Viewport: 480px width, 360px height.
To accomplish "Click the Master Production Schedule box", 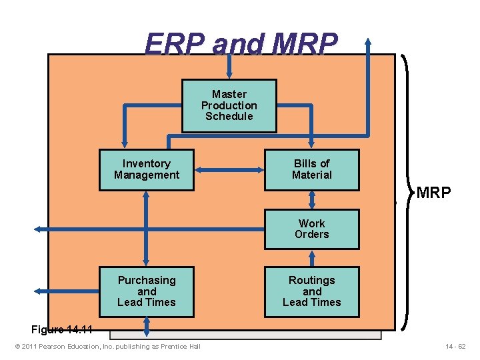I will point(229,105).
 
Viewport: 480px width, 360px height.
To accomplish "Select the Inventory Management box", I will point(147,169).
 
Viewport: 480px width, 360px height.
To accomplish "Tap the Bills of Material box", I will point(311,169).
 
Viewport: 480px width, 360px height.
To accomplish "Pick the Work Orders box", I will point(311,229).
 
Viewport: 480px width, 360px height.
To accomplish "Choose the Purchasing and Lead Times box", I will point(147,291).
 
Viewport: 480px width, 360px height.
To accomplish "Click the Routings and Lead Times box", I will point(311,291).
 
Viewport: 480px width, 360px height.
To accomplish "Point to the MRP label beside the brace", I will point(433,193).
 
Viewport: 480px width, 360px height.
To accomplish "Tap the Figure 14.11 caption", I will point(61,329).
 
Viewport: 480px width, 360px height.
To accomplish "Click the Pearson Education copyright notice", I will point(107,346).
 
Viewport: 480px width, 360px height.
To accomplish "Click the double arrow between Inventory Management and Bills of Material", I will point(229,170).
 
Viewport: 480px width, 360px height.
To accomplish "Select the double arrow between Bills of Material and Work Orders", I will point(311,200).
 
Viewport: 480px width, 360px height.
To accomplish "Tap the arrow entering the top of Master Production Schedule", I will point(229,70).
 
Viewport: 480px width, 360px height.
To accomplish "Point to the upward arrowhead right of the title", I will point(368,43).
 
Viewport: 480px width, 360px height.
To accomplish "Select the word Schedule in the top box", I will point(229,117).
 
